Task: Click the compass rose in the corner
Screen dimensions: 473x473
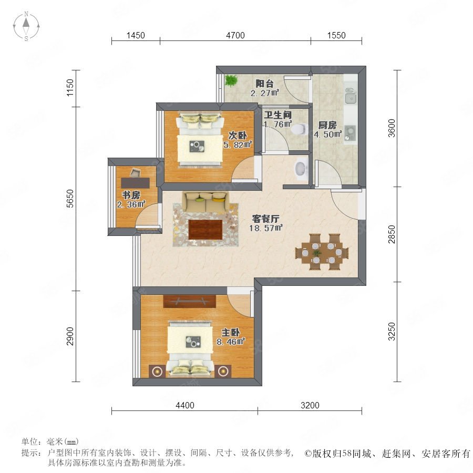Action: point(26,26)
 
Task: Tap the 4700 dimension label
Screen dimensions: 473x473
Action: point(235,35)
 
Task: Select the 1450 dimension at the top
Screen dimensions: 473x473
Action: point(136,35)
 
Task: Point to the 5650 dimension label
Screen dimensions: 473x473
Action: point(70,199)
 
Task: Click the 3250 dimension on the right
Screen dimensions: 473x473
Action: point(391,332)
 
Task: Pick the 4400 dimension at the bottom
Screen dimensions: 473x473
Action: point(185,405)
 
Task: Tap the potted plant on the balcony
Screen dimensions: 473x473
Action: point(231,80)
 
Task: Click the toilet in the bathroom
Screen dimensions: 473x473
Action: point(299,129)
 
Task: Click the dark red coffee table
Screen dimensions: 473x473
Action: point(205,230)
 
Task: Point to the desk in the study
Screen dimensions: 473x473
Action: point(135,182)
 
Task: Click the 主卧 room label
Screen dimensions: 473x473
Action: point(231,333)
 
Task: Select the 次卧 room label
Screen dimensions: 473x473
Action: point(238,136)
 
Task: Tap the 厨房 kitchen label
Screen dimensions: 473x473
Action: point(327,125)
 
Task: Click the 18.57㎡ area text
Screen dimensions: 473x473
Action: point(266,228)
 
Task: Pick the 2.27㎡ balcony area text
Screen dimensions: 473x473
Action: point(264,93)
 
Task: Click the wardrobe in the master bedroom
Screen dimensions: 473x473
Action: point(189,301)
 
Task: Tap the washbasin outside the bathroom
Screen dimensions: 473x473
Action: point(301,169)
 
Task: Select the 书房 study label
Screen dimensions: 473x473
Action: point(131,195)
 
